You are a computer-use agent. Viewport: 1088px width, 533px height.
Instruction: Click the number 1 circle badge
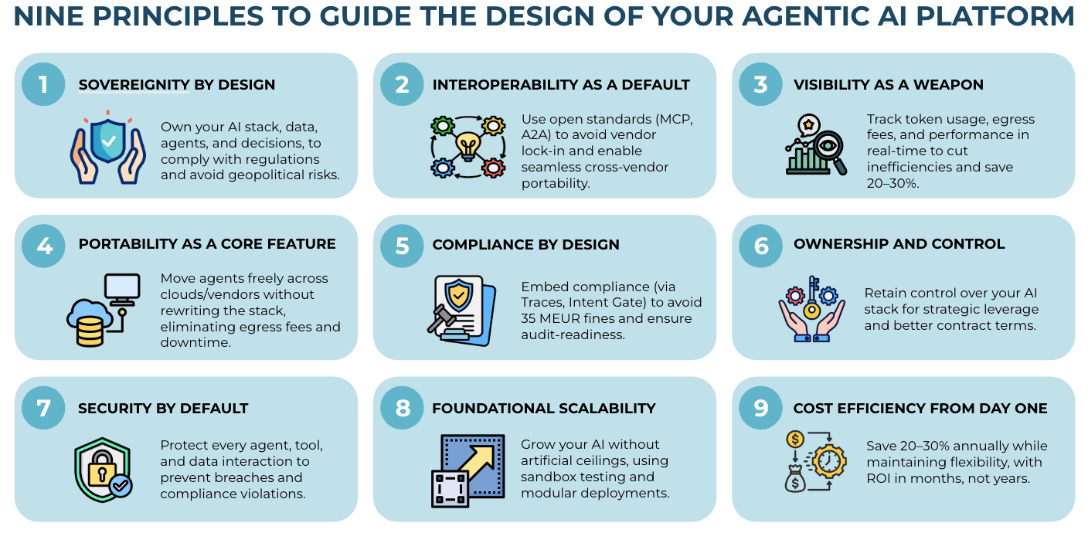[43, 83]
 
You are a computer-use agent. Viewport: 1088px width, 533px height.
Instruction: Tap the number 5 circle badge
[402, 245]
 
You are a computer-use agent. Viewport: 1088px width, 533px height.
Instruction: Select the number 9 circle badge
[761, 407]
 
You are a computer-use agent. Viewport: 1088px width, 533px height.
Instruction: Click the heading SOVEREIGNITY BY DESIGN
[177, 85]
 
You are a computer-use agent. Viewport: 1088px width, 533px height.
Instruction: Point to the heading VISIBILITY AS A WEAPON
[889, 85]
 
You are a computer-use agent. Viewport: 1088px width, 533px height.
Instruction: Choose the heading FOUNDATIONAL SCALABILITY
[544, 409]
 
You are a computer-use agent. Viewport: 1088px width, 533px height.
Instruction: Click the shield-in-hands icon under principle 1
[109, 150]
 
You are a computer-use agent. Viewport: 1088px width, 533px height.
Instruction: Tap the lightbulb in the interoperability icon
[468, 144]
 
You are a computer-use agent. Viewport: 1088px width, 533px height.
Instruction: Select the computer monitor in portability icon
[121, 288]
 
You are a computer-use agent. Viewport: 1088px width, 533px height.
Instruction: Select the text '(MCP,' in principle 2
[673, 119]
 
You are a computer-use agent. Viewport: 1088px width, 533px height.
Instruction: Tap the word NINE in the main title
[49, 16]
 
